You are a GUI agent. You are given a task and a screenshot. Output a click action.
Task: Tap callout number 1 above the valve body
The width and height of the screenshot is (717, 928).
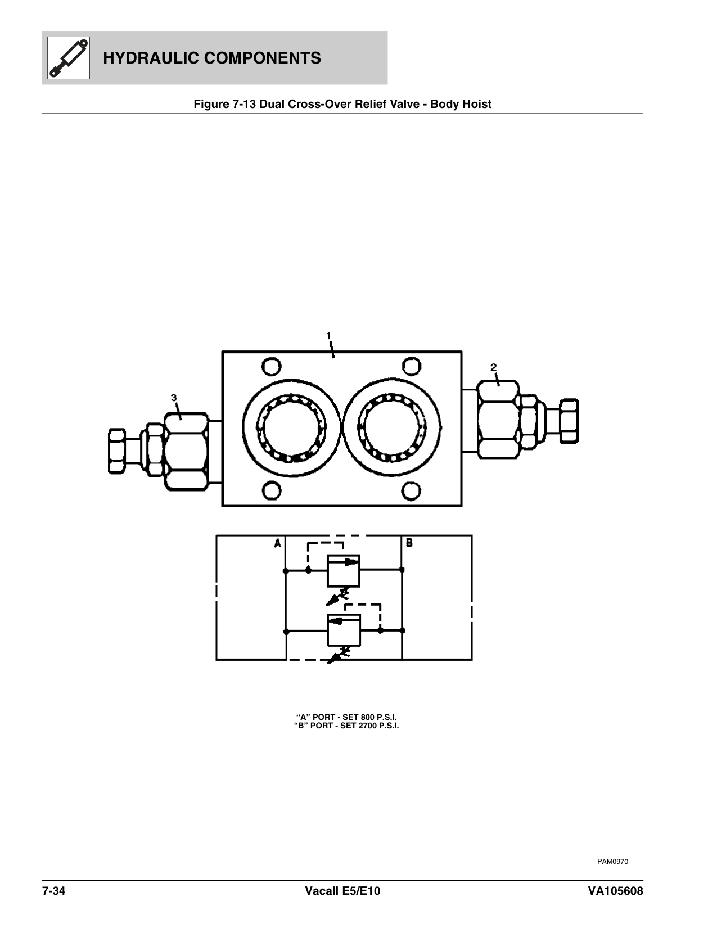pos(329,335)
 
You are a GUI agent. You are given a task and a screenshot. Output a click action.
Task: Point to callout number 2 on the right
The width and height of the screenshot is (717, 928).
pos(493,367)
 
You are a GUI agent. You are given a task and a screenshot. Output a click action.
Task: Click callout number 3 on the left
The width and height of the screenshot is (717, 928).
pos(174,398)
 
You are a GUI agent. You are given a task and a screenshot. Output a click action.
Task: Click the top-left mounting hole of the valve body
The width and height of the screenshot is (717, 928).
pos(271,368)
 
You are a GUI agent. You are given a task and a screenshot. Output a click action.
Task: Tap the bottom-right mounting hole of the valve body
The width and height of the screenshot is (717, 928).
pos(413,490)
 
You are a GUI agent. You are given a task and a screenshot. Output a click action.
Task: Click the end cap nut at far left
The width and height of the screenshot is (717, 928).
pos(116,452)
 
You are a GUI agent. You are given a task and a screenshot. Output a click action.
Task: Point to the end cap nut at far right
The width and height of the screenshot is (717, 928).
pos(569,420)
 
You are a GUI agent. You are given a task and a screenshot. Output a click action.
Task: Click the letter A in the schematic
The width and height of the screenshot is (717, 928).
pos(277,543)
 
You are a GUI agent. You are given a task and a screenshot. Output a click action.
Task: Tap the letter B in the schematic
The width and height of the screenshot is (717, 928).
pos(409,543)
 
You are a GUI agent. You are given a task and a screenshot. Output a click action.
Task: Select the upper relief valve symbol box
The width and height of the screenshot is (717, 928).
pos(343,570)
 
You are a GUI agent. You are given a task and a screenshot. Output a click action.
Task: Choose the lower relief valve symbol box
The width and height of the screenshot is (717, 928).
pos(344,630)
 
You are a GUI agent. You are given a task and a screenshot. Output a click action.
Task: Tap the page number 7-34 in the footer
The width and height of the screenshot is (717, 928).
pos(54,891)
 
